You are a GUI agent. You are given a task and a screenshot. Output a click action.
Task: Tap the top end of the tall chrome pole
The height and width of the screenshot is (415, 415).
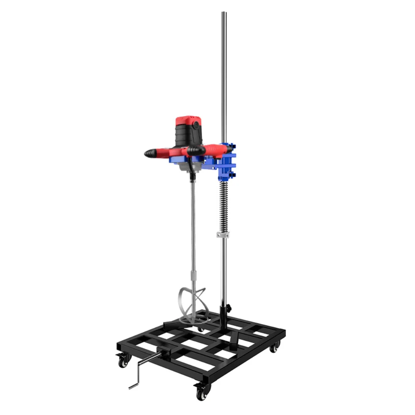pyautogui.click(x=223, y=15)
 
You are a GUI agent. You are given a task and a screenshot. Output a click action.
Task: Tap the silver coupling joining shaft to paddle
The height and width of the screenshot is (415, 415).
pyautogui.click(x=192, y=276)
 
